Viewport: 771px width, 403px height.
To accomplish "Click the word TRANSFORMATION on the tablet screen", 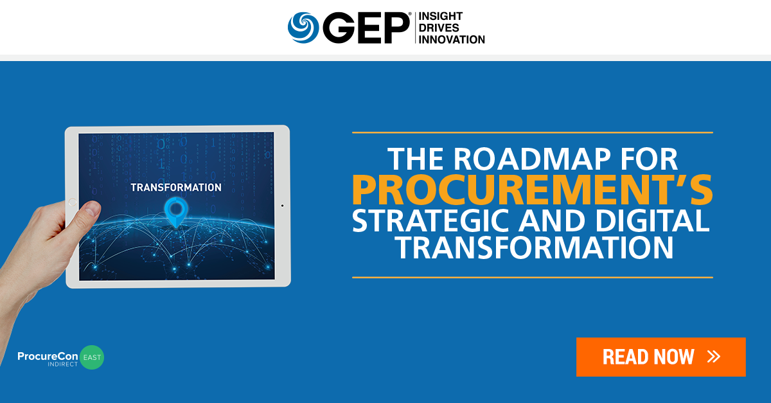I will click(176, 188).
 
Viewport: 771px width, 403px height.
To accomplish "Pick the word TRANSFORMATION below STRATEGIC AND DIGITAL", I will click(533, 249).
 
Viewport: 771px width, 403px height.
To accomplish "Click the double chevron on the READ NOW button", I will click(713, 357).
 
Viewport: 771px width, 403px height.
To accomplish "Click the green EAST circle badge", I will click(92, 357).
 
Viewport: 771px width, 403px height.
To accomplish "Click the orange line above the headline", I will click(532, 132).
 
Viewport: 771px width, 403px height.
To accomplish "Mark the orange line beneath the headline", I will click(532, 277).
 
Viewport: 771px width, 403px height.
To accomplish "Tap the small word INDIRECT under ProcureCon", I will click(61, 364).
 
